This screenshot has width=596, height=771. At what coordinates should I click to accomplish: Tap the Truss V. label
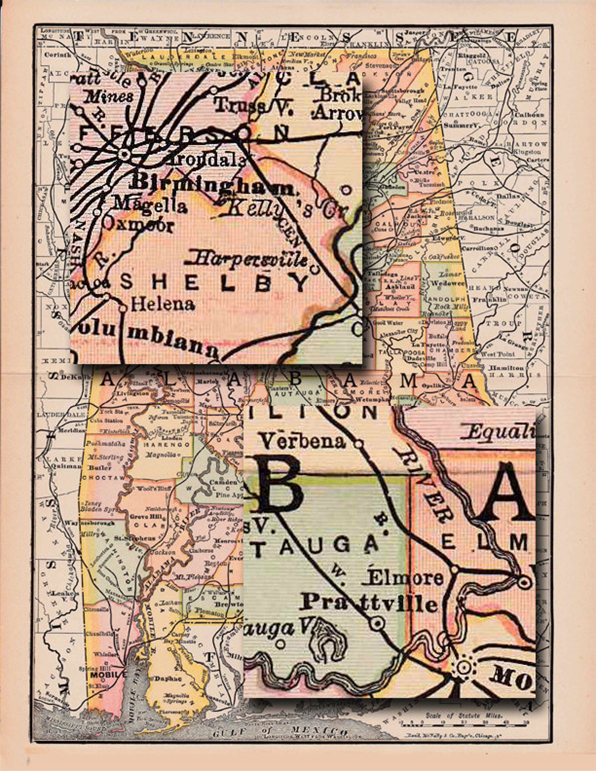[x=253, y=106]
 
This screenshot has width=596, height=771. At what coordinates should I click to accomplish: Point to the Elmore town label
[x=405, y=578]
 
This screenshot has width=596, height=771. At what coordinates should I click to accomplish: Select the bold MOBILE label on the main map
[x=108, y=674]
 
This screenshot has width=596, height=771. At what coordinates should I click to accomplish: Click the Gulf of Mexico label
[x=280, y=731]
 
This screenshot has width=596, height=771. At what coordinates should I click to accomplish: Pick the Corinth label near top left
[x=57, y=55]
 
